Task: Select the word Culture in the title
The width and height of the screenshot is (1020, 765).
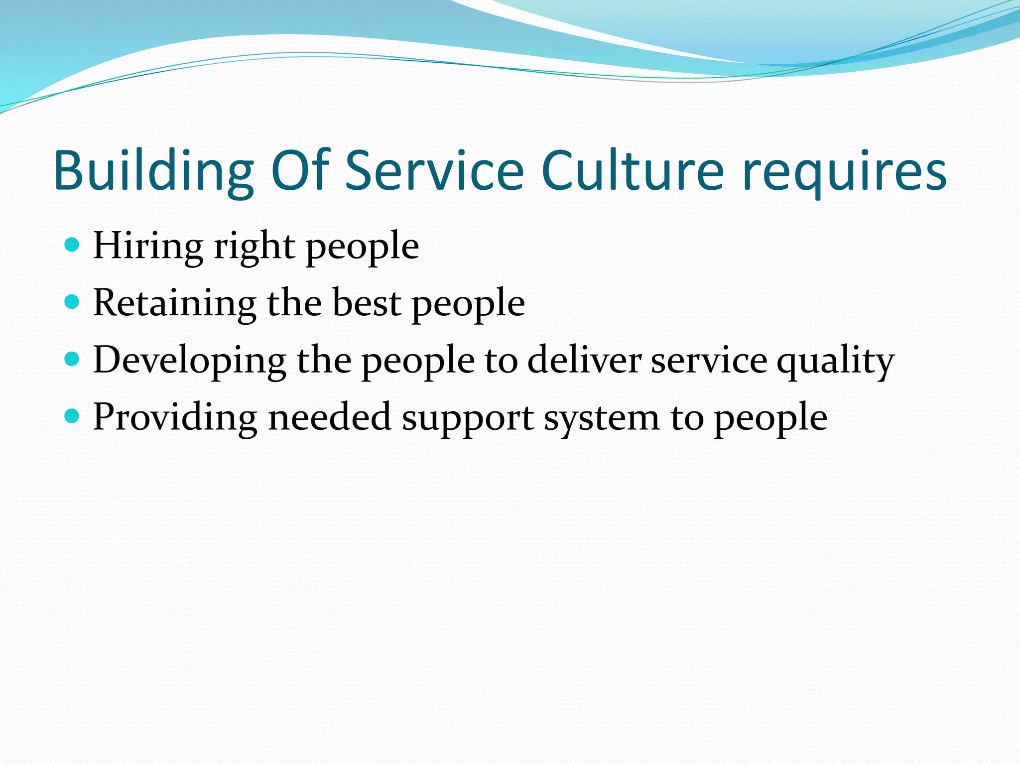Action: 632,171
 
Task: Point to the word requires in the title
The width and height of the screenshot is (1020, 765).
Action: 844,171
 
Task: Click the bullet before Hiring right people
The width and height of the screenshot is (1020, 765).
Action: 72,245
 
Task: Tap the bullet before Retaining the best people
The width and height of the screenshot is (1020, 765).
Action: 72,302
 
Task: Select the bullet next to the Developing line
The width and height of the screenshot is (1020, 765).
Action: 72,359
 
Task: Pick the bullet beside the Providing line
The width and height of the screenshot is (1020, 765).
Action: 72,416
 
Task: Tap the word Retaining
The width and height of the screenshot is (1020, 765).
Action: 174,303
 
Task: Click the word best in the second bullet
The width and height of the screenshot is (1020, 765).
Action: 367,303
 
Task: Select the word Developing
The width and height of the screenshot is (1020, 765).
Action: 189,360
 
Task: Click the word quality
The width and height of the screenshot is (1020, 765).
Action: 835,360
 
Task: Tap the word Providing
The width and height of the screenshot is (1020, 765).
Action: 175,417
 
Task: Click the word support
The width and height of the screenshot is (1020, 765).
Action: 468,417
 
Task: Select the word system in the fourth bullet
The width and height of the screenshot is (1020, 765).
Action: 601,417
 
